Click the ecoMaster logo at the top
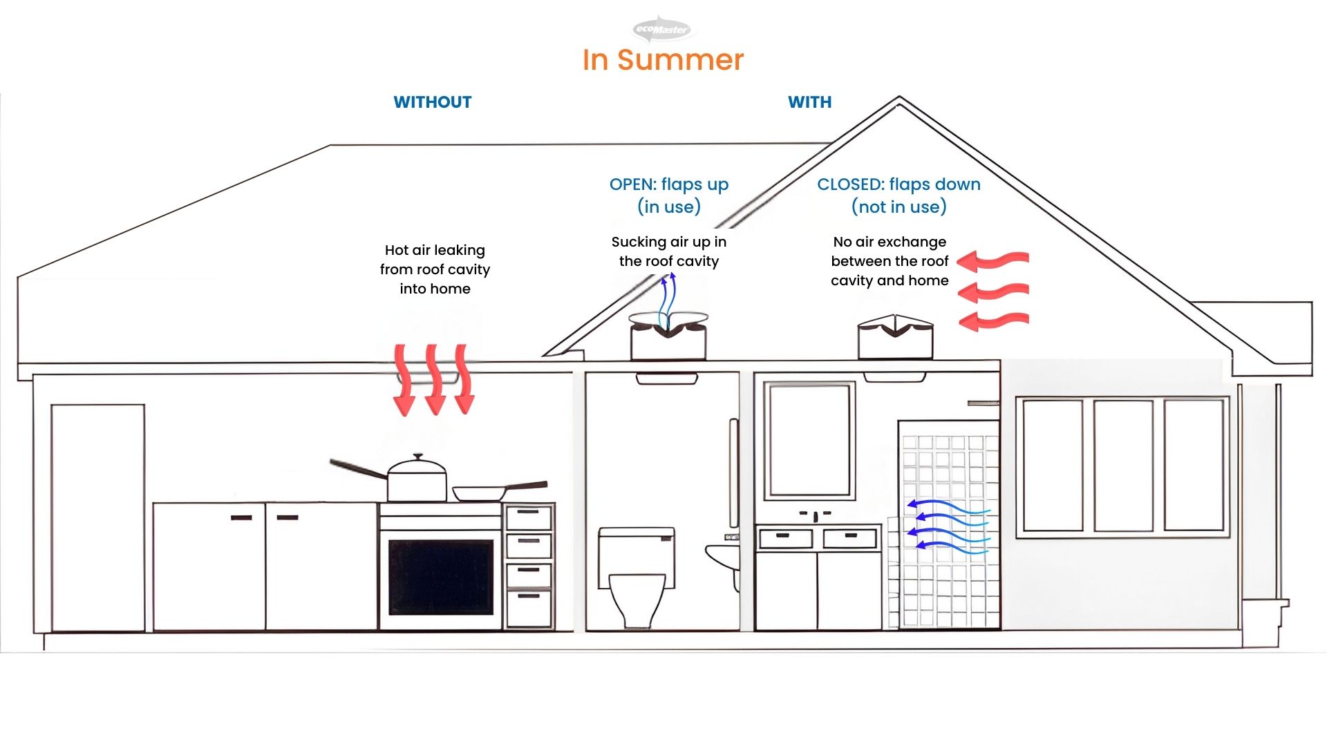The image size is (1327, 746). click(x=662, y=29)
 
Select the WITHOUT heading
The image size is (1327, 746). click(x=433, y=102)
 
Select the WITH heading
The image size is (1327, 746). click(x=809, y=102)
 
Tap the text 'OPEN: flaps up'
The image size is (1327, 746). click(x=668, y=184)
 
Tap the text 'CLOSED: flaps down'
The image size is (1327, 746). click(x=898, y=184)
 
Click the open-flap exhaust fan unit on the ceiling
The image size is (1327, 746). click(x=668, y=337)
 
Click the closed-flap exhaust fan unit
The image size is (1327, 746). click(x=895, y=338)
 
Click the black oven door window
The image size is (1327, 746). click(x=441, y=577)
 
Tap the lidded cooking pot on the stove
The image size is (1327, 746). click(x=417, y=478)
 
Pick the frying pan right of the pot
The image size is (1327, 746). click(x=480, y=493)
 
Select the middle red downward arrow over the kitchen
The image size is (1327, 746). click(x=434, y=380)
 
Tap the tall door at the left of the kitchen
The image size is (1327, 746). click(x=97, y=517)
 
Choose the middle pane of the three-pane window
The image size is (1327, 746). click(x=1123, y=466)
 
